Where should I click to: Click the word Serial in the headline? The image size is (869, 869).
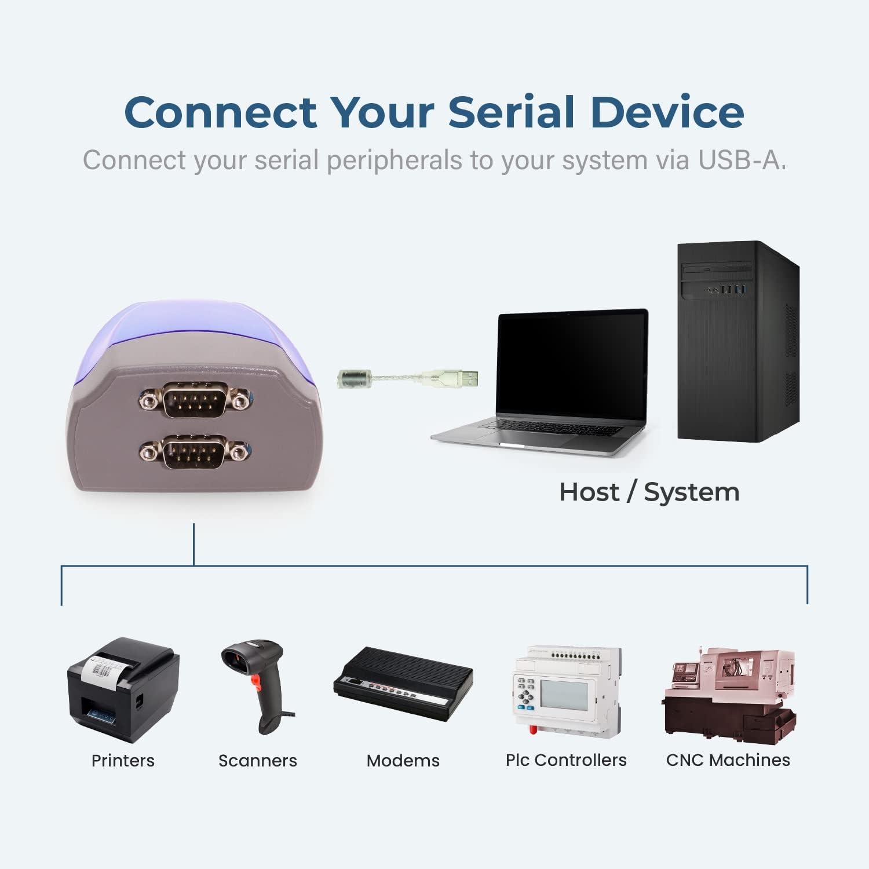tap(512, 112)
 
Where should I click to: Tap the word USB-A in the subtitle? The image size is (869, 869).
tap(742, 160)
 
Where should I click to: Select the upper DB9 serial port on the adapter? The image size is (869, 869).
tap(193, 399)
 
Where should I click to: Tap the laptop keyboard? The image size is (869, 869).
tap(553, 428)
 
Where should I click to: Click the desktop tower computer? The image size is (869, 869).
tap(739, 341)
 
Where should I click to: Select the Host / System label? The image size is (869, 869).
tap(649, 492)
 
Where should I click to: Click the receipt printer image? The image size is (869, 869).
tap(123, 690)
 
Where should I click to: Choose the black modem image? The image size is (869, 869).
tap(403, 684)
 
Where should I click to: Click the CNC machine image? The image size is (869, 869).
tap(729, 696)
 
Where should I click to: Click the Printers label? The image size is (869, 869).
tap(123, 761)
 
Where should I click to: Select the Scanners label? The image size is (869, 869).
tap(258, 761)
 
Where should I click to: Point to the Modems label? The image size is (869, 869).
tap(403, 761)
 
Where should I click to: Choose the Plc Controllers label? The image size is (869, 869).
tap(566, 760)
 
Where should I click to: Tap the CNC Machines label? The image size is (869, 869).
tap(728, 760)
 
